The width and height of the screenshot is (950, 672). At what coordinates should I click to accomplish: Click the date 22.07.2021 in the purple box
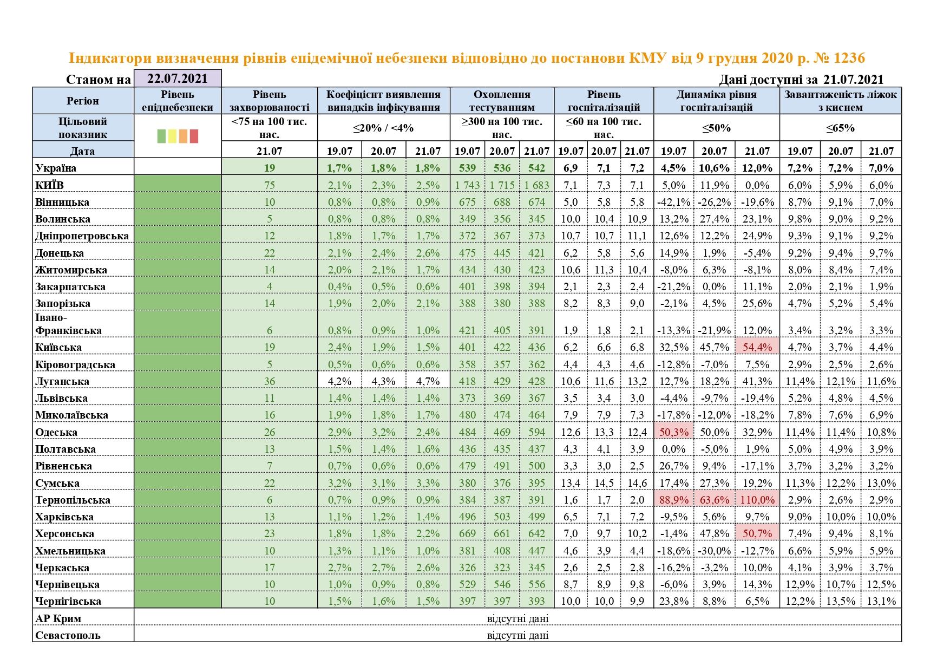178,79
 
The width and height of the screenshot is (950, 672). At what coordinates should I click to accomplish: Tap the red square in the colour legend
194,136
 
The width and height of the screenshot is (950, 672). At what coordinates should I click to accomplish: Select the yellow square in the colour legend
172,136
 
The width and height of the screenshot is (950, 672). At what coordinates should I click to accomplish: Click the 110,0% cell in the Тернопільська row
757,500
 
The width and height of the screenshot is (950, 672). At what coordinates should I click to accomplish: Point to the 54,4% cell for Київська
757,347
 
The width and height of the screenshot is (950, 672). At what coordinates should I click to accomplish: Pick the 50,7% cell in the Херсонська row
757,533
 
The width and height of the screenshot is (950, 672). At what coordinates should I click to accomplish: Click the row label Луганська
62,381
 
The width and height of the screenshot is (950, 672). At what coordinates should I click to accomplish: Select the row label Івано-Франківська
68,324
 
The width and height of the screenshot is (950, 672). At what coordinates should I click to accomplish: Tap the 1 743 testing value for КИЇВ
467,185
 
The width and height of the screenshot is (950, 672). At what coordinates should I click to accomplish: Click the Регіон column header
83,101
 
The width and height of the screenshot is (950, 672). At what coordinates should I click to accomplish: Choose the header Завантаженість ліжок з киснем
840,101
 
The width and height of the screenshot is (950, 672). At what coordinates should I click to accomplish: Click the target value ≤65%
840,128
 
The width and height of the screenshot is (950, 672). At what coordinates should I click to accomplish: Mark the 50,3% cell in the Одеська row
674,432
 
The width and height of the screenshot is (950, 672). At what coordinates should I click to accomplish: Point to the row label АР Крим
58,618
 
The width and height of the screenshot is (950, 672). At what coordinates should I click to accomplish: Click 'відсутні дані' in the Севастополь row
517,635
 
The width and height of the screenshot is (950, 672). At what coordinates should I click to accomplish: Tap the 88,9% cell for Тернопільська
674,500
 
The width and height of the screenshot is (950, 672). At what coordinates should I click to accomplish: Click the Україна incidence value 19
269,168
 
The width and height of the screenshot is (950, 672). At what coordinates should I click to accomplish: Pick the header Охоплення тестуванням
502,101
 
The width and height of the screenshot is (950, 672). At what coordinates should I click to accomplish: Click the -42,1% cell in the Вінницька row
674,202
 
